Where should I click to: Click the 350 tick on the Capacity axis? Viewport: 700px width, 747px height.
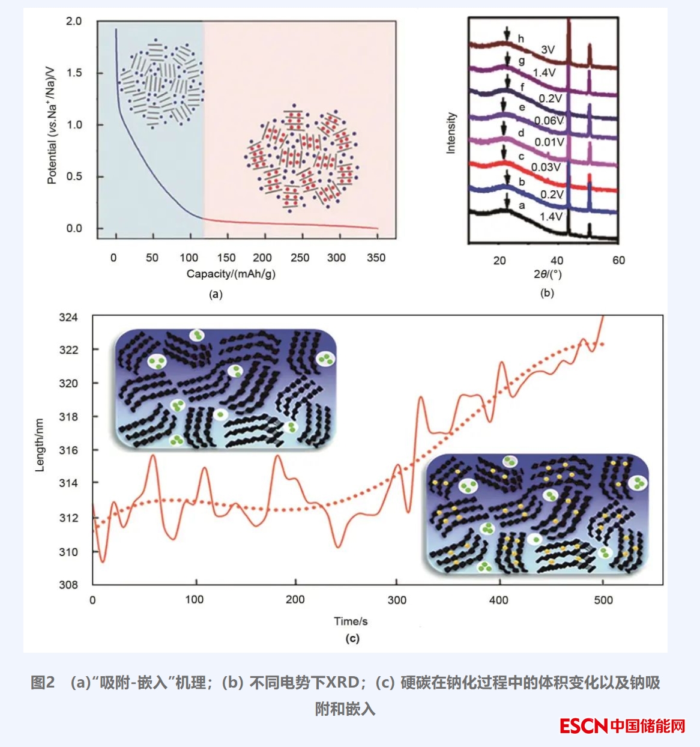click(376, 258)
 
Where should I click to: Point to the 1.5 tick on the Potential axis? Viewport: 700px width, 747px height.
click(74, 73)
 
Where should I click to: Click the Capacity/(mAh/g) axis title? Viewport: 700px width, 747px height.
click(231, 274)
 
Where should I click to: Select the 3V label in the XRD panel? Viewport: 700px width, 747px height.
click(548, 50)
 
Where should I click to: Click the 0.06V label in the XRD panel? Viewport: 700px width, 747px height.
click(549, 120)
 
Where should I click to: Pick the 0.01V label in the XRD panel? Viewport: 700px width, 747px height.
click(549, 142)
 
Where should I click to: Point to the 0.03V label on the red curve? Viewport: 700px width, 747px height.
click(546, 167)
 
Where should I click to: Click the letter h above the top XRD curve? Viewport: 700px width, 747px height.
click(520, 39)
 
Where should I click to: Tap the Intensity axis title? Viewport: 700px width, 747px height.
click(451, 133)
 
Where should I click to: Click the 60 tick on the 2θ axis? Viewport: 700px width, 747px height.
click(618, 260)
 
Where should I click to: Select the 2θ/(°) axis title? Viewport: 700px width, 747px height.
click(546, 274)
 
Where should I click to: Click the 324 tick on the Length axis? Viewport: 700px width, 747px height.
click(68, 317)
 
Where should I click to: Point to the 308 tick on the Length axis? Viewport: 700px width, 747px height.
click(68, 585)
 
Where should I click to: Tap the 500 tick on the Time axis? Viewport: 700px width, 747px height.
click(603, 600)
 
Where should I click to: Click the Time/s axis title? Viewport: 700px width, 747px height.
click(351, 621)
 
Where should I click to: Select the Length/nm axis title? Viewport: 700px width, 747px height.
click(40, 445)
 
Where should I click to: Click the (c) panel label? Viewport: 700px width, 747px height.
click(352, 638)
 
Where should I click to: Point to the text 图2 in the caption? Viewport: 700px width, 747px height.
click(43, 683)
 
